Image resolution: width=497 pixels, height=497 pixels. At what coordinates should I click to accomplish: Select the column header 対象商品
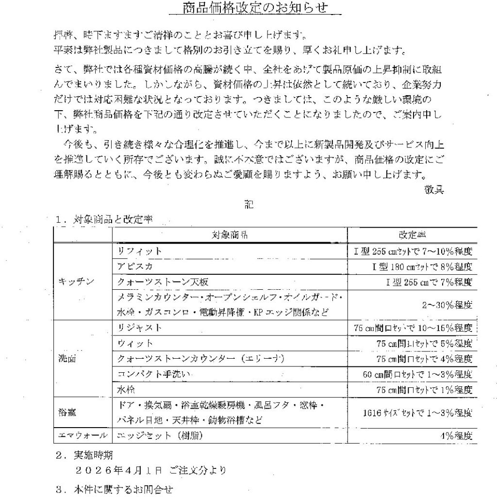(230, 235)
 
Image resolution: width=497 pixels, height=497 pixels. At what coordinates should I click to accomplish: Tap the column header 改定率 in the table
(412, 235)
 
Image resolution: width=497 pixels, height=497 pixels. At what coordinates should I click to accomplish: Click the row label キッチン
(73, 282)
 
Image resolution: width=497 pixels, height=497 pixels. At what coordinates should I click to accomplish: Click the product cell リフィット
(139, 251)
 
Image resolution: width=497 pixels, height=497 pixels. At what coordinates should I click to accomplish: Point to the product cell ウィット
(135, 343)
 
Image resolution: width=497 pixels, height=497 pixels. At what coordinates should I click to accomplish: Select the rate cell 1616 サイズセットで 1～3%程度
(417, 413)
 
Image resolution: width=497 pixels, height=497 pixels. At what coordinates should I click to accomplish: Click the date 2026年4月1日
(119, 470)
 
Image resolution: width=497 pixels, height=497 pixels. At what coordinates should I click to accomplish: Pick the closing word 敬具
(434, 190)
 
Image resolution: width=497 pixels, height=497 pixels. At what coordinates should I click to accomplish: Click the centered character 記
(248, 205)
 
